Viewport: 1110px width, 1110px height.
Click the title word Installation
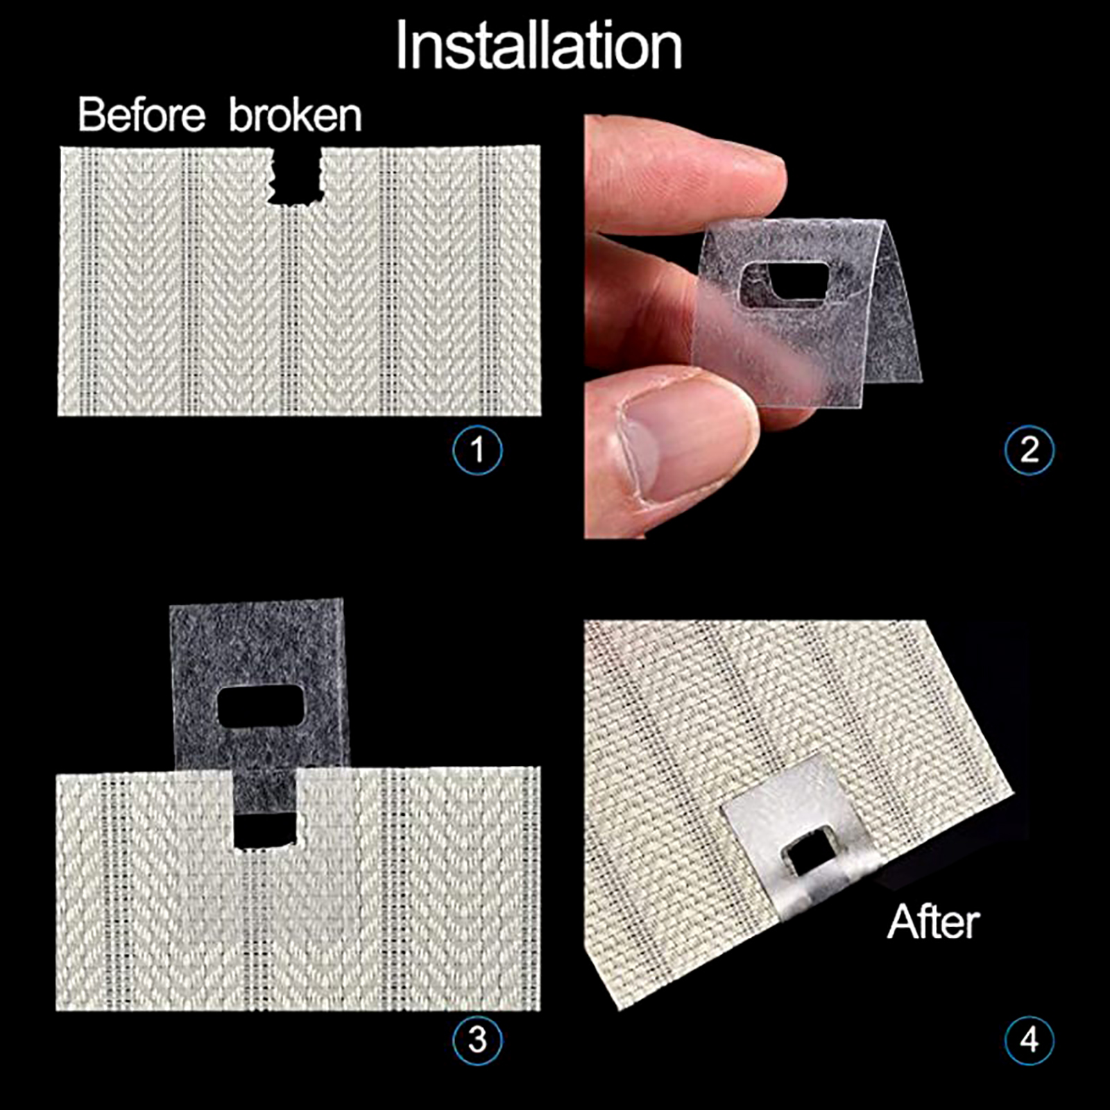[x=539, y=46]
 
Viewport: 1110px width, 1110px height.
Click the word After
[x=934, y=921]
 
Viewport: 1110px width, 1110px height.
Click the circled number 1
[x=477, y=450]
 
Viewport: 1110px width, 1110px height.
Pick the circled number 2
[x=1030, y=450]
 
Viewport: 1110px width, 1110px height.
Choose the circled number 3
[x=477, y=1040]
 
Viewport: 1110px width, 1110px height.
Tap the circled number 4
[x=1030, y=1040]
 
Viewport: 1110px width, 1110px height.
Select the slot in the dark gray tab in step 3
[x=261, y=706]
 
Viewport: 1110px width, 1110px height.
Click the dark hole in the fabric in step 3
[x=265, y=830]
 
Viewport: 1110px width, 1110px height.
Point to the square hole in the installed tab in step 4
[x=808, y=859]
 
